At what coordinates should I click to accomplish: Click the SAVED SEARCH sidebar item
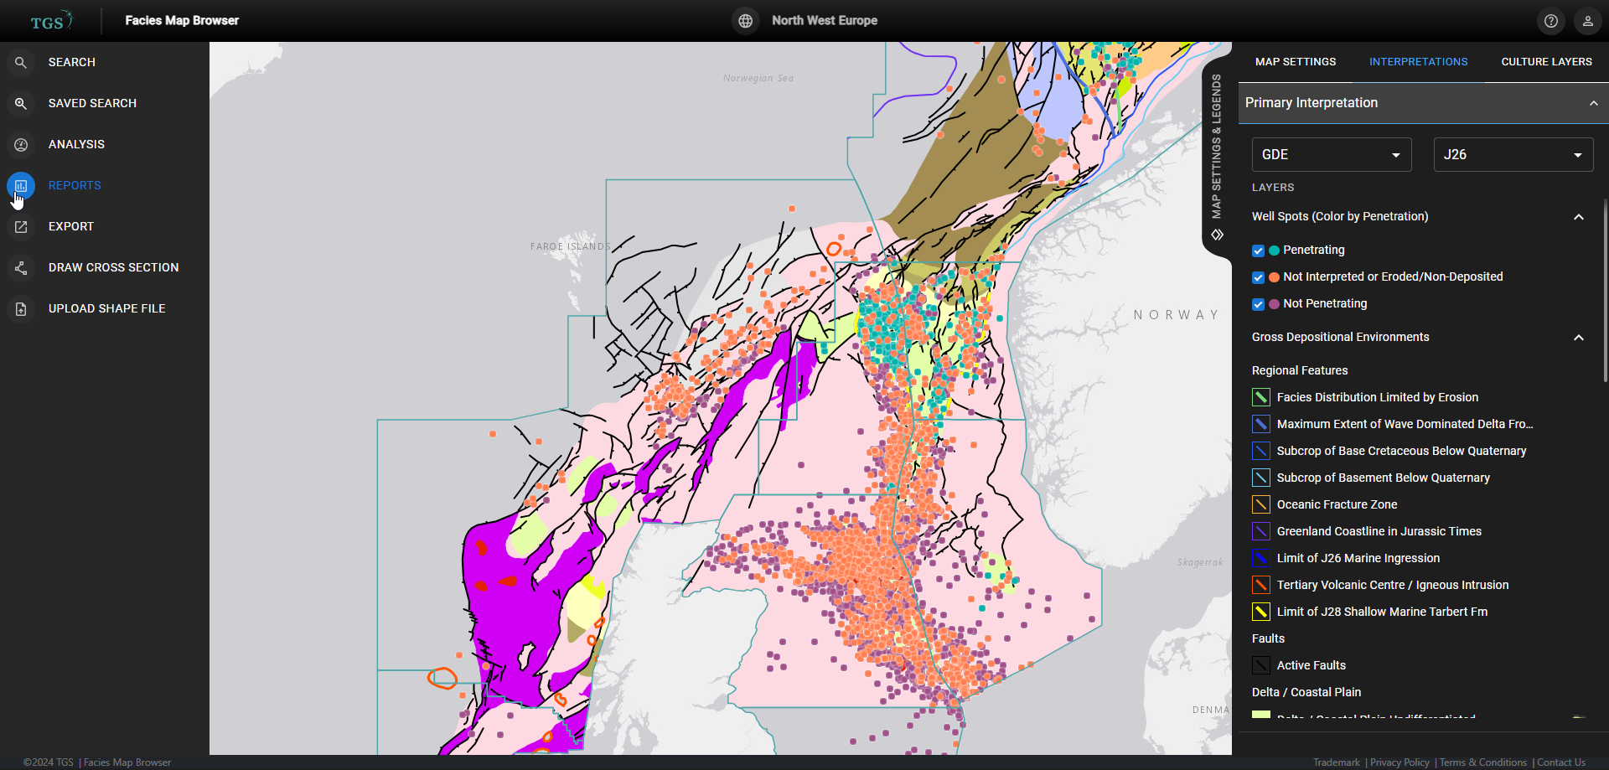92,103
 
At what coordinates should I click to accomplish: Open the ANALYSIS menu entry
76,144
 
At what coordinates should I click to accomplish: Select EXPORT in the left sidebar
71,226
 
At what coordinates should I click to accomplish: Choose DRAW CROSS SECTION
113,267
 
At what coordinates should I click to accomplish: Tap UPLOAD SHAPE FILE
106,308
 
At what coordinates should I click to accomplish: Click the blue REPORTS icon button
21,185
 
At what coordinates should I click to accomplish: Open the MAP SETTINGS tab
1296,62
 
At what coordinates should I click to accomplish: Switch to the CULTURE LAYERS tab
1546,62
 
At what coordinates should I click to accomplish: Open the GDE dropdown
1331,155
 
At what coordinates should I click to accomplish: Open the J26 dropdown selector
1513,155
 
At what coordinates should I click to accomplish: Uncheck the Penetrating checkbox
1258,251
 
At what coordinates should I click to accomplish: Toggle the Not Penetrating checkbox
1258,304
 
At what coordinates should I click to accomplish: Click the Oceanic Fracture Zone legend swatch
1260,504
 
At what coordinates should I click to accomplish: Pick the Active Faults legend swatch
1260,665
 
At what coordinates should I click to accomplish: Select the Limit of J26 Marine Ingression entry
1358,558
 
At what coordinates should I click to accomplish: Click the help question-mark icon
1551,21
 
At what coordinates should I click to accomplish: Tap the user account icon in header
1587,21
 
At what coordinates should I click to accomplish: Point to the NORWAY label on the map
1176,315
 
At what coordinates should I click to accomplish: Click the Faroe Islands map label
571,246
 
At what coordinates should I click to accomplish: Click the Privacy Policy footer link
1399,762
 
